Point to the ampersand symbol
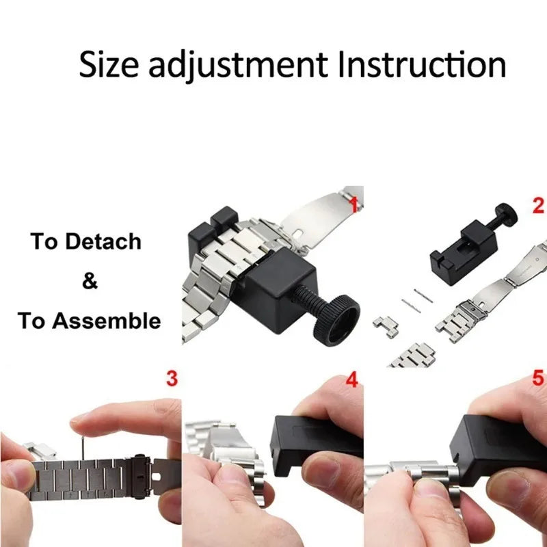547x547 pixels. click(90, 281)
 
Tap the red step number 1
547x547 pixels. click(353, 203)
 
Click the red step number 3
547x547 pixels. click(172, 377)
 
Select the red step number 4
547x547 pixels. click(352, 379)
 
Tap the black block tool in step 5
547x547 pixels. click(492, 438)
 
